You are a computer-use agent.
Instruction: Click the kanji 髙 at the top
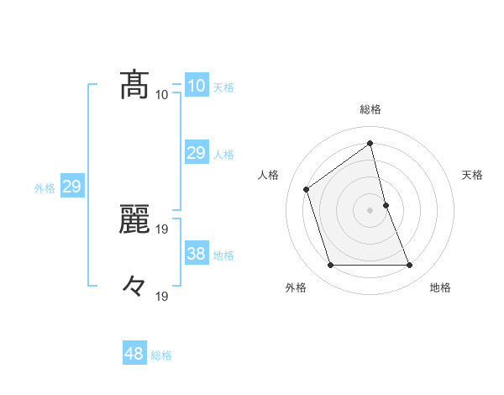[x=134, y=84]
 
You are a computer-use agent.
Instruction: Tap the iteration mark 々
[x=134, y=286]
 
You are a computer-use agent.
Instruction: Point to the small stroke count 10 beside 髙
[x=162, y=95]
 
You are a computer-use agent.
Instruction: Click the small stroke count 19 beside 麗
[x=162, y=229]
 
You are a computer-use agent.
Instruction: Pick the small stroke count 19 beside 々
[x=162, y=296]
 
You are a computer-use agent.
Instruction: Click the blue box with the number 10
[x=196, y=86]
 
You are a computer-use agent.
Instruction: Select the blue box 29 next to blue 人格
[x=196, y=152]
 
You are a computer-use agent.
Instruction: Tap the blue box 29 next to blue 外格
[x=71, y=187]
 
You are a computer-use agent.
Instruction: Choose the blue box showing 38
[x=196, y=253]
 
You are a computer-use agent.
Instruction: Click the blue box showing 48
[x=134, y=354]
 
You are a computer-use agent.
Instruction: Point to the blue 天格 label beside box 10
[x=223, y=87]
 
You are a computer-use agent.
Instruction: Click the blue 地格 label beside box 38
[x=223, y=255]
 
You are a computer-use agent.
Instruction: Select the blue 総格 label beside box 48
[x=161, y=355]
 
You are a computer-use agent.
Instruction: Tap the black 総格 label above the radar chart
[x=370, y=109]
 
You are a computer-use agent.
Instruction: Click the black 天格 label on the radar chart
[x=472, y=175]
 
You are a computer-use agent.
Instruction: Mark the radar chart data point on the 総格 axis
[x=370, y=142]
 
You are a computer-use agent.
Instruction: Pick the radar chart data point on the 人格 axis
[x=307, y=189]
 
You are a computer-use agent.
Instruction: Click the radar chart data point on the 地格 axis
[x=410, y=266]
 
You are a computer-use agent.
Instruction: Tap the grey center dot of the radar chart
[x=370, y=209]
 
